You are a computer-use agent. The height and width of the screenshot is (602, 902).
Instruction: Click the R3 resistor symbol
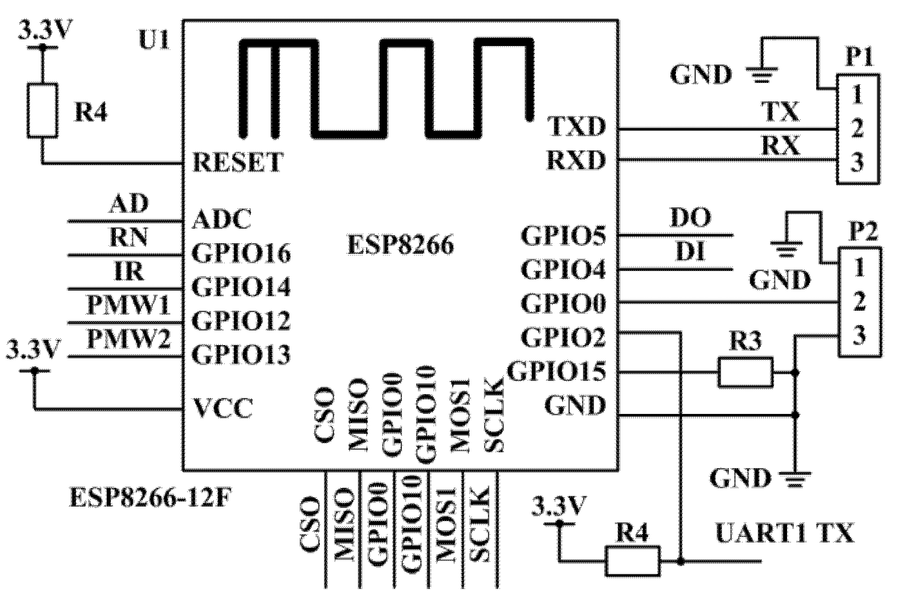tap(745, 372)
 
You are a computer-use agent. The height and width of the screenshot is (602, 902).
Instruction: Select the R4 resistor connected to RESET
tap(43, 110)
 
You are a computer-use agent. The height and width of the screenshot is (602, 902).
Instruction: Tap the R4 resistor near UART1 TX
tap(632, 561)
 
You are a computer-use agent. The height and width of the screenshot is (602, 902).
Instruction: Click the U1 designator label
tap(154, 41)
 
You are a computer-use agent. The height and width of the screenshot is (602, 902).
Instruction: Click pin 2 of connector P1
tap(857, 128)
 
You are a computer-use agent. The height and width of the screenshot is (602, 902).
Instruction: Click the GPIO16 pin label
tap(241, 253)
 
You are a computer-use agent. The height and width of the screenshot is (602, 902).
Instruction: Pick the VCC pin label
tap(223, 409)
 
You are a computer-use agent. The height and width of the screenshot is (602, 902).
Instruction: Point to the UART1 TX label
tap(784, 534)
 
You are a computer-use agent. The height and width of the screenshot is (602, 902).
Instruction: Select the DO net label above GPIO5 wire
tap(690, 219)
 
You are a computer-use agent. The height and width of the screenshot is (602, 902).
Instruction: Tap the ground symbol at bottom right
tap(794, 478)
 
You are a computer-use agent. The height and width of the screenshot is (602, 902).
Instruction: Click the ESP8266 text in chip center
tap(401, 245)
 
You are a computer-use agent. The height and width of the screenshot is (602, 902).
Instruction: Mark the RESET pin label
tap(237, 162)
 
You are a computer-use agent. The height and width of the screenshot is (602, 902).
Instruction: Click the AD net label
tap(128, 204)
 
